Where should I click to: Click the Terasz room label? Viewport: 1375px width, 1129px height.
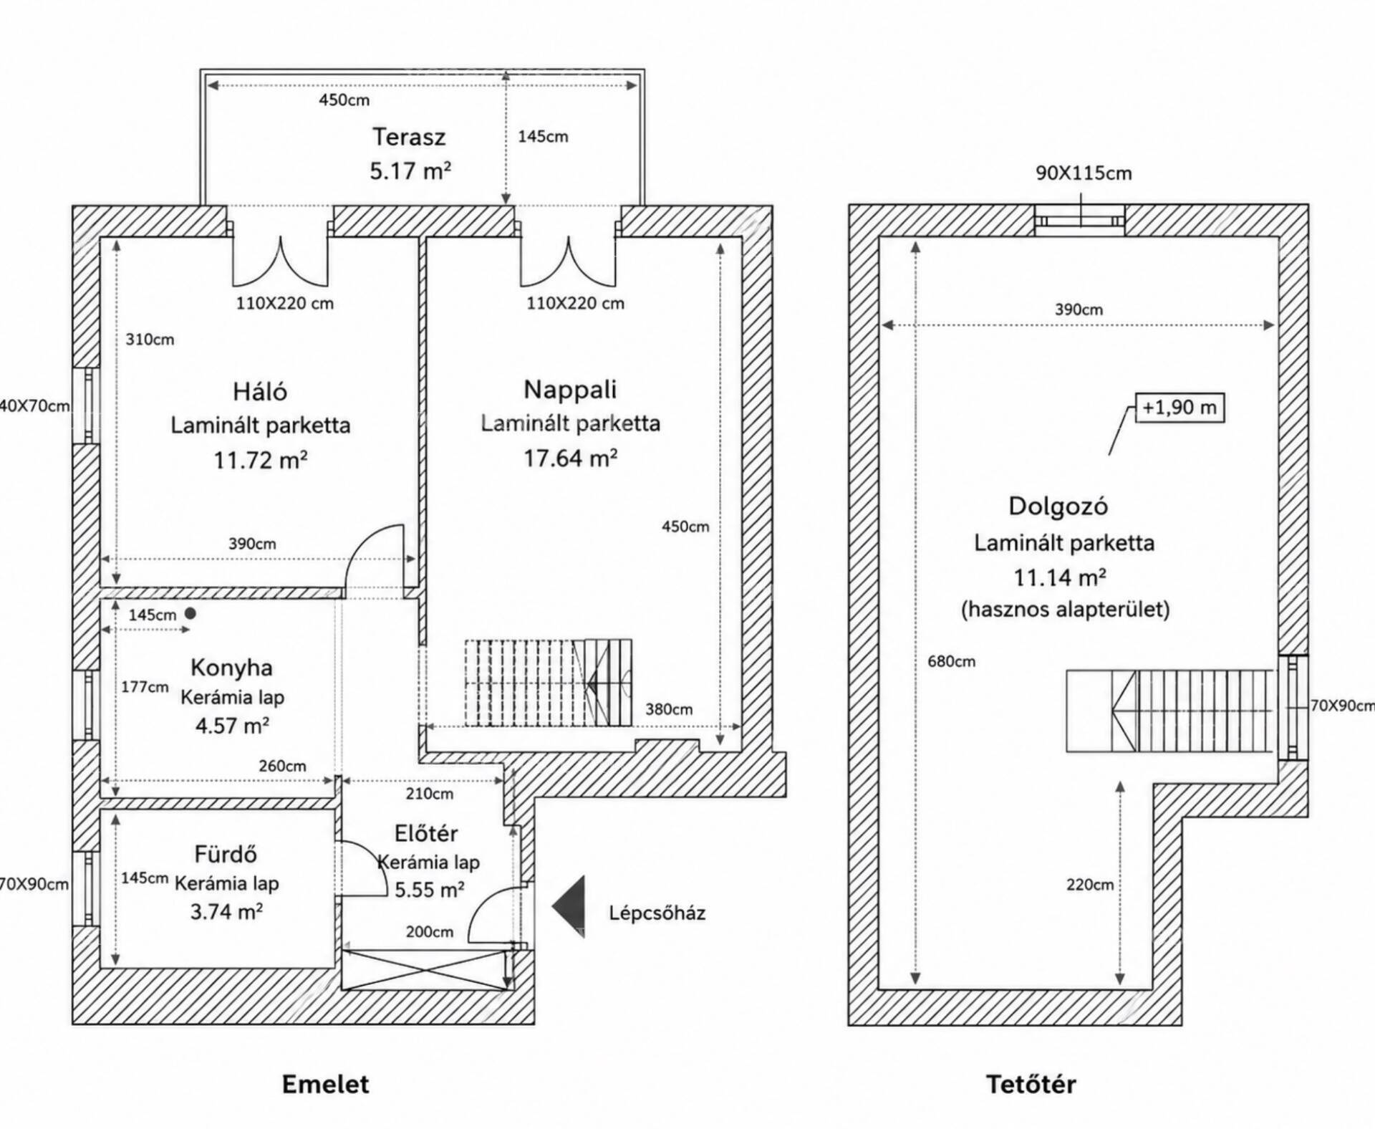[409, 137]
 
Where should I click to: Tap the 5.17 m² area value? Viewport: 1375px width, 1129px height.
[410, 171]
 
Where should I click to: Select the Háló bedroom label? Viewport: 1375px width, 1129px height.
[260, 391]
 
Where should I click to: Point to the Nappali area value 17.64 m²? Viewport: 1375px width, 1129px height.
[570, 458]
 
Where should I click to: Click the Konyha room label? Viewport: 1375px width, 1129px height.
[231, 668]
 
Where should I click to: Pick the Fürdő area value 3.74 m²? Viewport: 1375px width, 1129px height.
[226, 911]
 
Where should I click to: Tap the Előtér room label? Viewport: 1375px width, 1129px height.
[426, 833]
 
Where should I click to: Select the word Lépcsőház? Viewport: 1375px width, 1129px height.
[657, 913]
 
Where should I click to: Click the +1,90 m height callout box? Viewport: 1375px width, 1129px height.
[1179, 408]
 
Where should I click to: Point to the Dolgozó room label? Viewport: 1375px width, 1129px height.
[1058, 506]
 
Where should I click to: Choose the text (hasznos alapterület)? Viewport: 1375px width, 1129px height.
[1065, 610]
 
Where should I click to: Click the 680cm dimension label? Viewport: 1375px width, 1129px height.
[951, 661]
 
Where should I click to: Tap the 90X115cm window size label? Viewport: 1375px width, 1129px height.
[1084, 173]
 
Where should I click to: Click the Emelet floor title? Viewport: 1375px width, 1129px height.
[326, 1084]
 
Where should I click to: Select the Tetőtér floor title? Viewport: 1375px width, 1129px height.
[1031, 1084]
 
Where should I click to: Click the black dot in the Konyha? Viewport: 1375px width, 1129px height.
[190, 613]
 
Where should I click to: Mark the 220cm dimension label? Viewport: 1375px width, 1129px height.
[1090, 885]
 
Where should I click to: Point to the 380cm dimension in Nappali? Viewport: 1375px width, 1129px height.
[669, 709]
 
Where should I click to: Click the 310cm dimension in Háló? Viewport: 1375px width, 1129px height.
[150, 340]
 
